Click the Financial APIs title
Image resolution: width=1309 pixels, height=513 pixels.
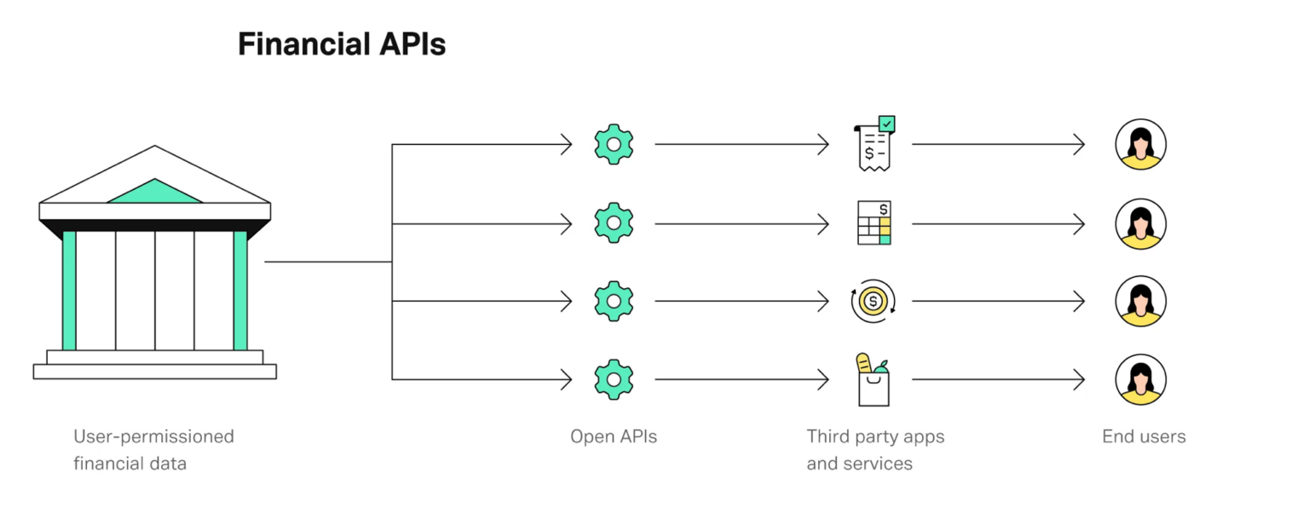click(x=341, y=44)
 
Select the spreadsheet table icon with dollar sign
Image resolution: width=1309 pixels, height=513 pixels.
click(x=874, y=223)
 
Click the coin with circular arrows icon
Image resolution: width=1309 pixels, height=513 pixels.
click(x=873, y=301)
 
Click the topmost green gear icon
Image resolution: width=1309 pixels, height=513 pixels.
click(x=614, y=144)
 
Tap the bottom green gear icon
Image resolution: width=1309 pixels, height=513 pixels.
click(x=614, y=379)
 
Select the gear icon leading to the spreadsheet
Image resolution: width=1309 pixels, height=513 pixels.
click(x=614, y=223)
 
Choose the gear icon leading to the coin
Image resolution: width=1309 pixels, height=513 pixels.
click(x=614, y=301)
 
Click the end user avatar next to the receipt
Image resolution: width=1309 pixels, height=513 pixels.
click(x=1140, y=145)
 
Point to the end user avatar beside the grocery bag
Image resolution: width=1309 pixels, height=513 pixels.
click(x=1140, y=379)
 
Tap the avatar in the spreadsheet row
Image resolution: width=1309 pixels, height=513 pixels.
click(x=1140, y=223)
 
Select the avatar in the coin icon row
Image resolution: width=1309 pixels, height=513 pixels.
click(x=1140, y=301)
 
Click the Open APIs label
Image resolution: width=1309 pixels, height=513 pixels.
click(x=614, y=437)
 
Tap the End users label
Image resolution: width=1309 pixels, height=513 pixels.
click(x=1144, y=437)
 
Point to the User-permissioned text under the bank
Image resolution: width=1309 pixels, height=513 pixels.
click(x=153, y=437)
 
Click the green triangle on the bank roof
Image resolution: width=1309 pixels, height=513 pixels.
click(x=155, y=193)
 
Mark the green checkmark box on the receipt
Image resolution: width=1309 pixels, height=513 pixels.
click(x=887, y=124)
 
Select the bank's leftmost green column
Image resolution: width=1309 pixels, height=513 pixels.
click(x=69, y=290)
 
